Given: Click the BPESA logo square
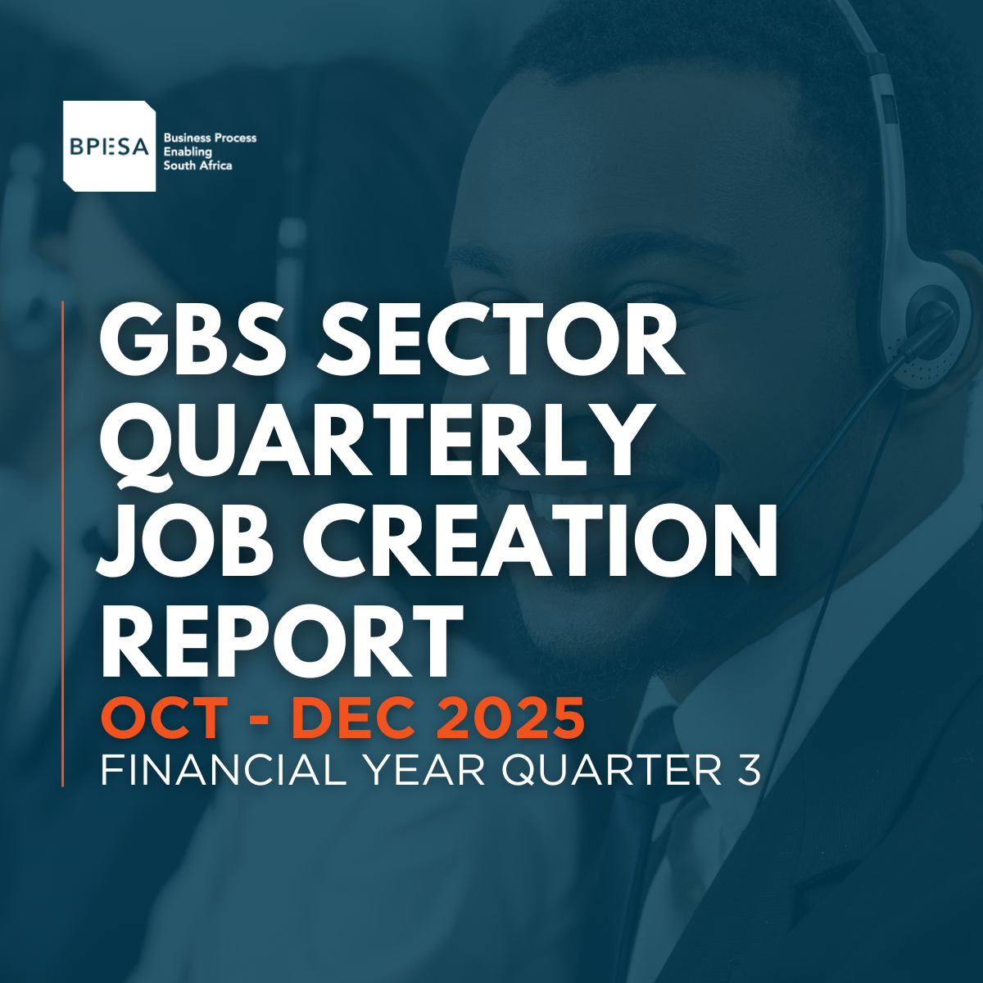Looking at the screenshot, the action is tap(109, 146).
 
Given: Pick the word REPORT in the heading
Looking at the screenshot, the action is tap(282, 641).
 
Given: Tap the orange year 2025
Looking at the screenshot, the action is tap(510, 718).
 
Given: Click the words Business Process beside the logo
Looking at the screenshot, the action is tap(210, 138).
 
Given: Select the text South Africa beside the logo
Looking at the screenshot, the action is tap(197, 165).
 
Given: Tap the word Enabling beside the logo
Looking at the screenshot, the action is tap(188, 152).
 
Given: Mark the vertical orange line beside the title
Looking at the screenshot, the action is tap(63, 544).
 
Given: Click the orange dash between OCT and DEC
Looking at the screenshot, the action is tap(260, 722).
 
